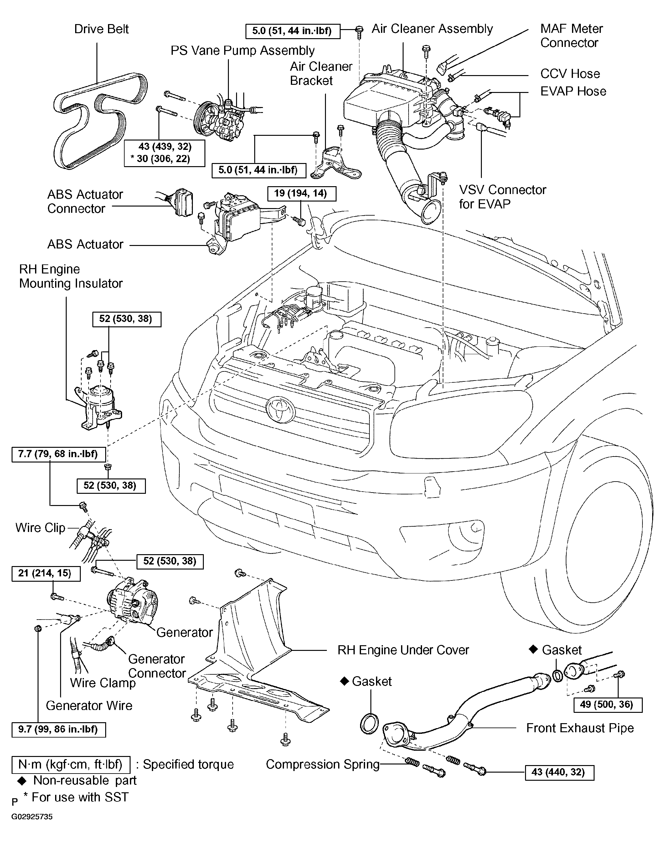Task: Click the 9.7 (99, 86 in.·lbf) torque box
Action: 59,729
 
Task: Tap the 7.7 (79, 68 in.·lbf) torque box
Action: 58,454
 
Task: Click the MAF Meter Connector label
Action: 571,35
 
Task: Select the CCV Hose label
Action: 570,74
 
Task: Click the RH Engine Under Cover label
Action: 403,650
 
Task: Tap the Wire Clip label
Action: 40,528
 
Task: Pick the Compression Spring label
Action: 322,764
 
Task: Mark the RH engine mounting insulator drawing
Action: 99,407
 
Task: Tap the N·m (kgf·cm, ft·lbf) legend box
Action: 70,764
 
